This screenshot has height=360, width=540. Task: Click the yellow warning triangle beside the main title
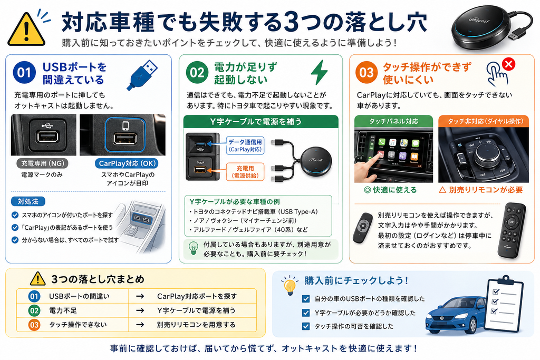[x=26, y=30]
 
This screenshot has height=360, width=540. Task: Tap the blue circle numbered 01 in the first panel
[x=24, y=73]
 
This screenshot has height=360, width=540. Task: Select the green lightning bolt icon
[x=319, y=72]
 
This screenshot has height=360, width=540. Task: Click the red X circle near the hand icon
[x=509, y=64]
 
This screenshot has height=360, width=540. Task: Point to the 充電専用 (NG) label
[x=42, y=163]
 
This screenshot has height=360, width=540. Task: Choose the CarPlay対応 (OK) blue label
[x=128, y=163]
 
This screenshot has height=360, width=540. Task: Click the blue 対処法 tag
[x=28, y=201]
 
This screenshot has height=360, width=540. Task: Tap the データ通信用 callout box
[x=245, y=145]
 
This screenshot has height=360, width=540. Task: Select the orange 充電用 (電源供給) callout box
[x=245, y=172]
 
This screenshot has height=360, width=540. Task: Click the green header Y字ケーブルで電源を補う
[x=261, y=121]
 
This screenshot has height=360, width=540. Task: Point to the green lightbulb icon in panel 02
[x=194, y=248]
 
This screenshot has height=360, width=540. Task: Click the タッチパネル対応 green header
[x=393, y=121]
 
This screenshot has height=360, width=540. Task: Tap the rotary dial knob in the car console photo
[x=486, y=157]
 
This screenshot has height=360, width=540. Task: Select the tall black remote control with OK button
[x=512, y=230]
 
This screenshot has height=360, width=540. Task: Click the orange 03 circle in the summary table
[x=34, y=325]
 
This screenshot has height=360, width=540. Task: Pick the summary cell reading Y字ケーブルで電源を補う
[x=196, y=310]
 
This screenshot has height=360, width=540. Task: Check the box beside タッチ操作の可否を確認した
[x=305, y=326]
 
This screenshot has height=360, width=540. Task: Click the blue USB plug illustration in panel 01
[x=142, y=75]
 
